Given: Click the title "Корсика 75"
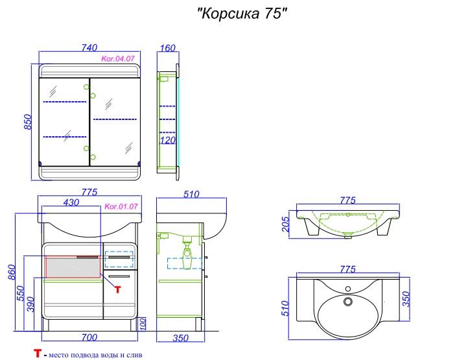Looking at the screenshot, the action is pyautogui.click(x=242, y=14).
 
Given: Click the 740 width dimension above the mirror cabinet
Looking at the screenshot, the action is pyautogui.click(x=89, y=47).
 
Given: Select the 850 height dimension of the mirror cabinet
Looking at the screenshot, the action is pyautogui.click(x=27, y=122).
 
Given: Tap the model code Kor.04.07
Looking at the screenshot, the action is pyautogui.click(x=118, y=58).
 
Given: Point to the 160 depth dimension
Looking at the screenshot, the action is pyautogui.click(x=168, y=48).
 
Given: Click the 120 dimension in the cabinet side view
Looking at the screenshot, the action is pyautogui.click(x=168, y=140).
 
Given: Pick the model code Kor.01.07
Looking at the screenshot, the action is pyautogui.click(x=121, y=206).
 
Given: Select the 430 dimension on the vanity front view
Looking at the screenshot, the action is pyautogui.click(x=71, y=202).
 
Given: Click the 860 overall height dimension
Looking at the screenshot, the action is pyautogui.click(x=12, y=272).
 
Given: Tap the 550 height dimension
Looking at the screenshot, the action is pyautogui.click(x=21, y=293).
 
